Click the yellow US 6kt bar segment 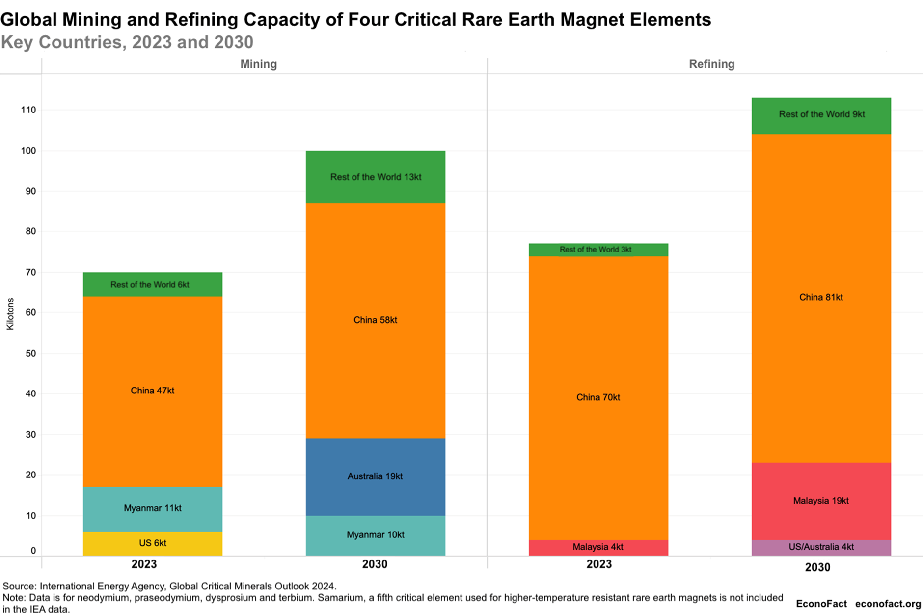point(152,543)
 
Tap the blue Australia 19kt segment point(375,476)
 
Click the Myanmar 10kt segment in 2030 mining point(375,535)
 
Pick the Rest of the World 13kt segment point(375,177)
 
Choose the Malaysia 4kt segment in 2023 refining point(598,547)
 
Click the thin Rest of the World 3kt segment point(598,250)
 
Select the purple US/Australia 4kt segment point(821,547)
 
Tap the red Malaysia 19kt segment point(821,501)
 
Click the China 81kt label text point(821,297)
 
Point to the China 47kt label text point(152,391)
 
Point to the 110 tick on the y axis point(28,110)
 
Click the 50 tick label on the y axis point(30,353)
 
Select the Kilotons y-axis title point(10,314)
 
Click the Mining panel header point(258,64)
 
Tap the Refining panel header point(711,64)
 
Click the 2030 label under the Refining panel point(817,567)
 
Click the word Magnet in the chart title point(592,20)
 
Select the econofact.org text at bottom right point(888,604)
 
